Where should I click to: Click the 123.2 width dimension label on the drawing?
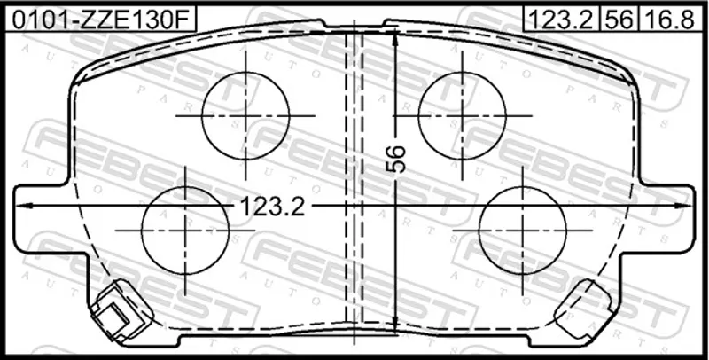[272, 207]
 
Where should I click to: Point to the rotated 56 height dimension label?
[396, 159]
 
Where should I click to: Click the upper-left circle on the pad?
[245, 116]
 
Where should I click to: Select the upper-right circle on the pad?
[462, 116]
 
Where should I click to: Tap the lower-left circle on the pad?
[185, 231]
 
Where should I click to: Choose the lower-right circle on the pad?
[522, 231]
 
